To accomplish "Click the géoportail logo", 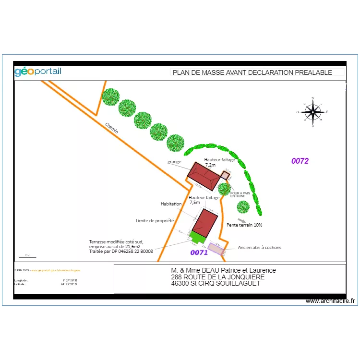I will (x=38, y=72).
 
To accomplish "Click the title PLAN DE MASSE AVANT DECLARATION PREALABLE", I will (x=252, y=72).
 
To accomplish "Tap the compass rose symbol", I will (x=313, y=112).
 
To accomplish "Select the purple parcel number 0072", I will (x=300, y=161).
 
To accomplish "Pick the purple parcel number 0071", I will (x=199, y=252).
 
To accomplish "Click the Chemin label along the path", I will (x=112, y=128).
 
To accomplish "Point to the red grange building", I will (x=204, y=176).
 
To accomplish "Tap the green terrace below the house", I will (x=196, y=237).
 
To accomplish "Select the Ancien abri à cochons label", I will (x=260, y=248).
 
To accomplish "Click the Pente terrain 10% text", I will (x=244, y=225).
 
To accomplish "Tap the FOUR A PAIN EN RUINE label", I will (x=240, y=195).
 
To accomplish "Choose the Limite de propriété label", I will (x=155, y=221).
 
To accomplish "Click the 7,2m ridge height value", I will (x=210, y=165).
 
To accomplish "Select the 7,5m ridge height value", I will (x=194, y=203).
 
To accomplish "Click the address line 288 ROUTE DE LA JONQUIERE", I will (x=217, y=277).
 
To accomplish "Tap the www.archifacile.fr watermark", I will (x=330, y=301).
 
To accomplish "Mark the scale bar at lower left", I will (x=27, y=256).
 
